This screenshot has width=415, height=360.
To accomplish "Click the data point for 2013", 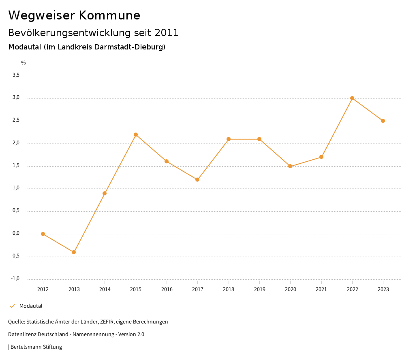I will [x=74, y=252].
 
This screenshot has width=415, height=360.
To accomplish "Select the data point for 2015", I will [x=136, y=135].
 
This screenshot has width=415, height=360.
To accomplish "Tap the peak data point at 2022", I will [x=352, y=98].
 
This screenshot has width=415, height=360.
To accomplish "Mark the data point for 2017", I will [x=197, y=180].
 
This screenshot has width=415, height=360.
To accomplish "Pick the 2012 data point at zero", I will [x=43, y=234].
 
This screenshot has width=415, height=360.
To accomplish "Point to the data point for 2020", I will [x=290, y=166].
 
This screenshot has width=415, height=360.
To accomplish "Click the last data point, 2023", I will [x=383, y=121].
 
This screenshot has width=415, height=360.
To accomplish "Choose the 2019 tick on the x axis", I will [x=259, y=289].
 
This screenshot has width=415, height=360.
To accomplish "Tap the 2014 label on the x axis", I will [x=105, y=289].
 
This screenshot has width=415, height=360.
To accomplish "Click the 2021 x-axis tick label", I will [x=321, y=289].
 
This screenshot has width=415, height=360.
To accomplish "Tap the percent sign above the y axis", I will [x=24, y=63].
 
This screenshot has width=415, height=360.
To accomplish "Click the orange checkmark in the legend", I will [x=12, y=306].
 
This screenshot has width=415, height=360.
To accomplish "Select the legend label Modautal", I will [x=31, y=306].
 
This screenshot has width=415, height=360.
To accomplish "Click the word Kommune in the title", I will [x=109, y=15].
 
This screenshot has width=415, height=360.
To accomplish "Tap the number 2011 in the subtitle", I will [x=167, y=33].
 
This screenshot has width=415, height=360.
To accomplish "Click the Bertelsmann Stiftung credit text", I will [x=36, y=347].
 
